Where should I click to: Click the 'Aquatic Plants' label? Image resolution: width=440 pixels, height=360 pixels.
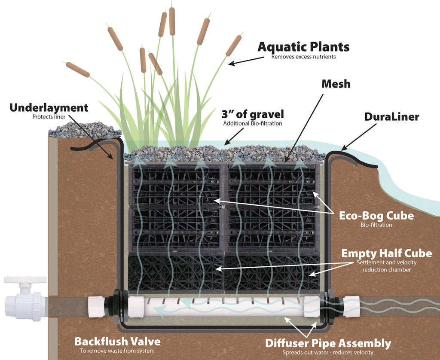[x=303, y=47]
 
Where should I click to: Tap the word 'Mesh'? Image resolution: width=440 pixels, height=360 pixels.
[x=336, y=84]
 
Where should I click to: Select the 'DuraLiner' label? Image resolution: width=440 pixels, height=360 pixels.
[x=391, y=117]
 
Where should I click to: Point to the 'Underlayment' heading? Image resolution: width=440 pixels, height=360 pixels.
[x=49, y=108]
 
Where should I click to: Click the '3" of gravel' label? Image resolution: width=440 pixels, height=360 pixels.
[x=253, y=114]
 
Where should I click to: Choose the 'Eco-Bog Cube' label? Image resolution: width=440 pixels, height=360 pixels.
[x=376, y=216]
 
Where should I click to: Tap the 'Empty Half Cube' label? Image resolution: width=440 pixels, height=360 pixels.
[x=386, y=253]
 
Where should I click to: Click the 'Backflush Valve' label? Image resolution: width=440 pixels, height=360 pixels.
[x=117, y=342]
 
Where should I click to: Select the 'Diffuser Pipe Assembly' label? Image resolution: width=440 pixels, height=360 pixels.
[x=328, y=343]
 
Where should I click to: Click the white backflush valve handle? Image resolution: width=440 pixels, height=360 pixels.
[x=25, y=280]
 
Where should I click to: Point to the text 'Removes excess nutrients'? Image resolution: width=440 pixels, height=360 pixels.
[x=303, y=57]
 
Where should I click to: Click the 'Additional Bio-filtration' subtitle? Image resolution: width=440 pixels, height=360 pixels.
[x=252, y=124]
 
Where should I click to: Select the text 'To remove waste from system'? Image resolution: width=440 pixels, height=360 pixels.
[x=117, y=351]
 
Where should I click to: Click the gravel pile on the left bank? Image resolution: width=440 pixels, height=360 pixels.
[x=83, y=130]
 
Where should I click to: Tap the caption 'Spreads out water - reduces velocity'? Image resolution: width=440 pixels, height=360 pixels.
[x=328, y=352]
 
